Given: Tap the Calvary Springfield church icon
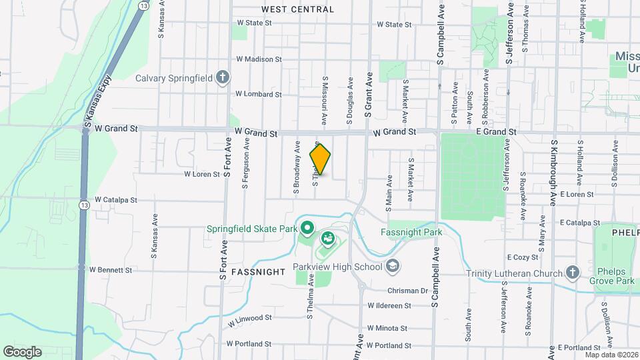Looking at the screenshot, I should point(223,78).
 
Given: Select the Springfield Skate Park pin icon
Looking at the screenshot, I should point(307,229).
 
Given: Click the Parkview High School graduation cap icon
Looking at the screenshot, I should point(393,267).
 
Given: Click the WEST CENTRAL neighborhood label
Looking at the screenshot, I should point(297,9).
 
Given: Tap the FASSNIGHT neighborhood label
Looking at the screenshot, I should point(259,272).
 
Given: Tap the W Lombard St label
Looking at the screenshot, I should point(259,94).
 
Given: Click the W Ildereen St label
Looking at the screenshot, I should point(389,306).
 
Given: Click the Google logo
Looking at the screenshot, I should point(23,351).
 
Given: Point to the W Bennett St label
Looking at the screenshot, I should point(114,271).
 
